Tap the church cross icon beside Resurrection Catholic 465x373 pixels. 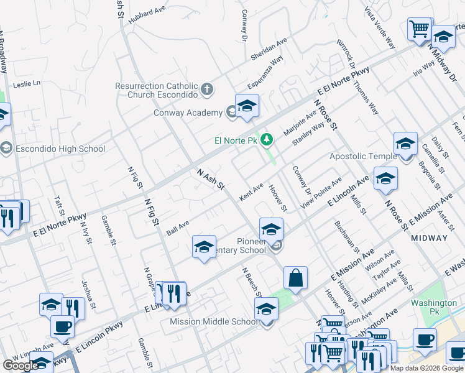pyautogui.click(x=208, y=91)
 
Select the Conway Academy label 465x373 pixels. pyautogui.click(x=188, y=113)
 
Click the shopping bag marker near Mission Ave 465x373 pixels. pyautogui.click(x=297, y=279)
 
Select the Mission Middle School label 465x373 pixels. pyautogui.click(x=214, y=321)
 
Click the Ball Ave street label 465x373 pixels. pyautogui.click(x=178, y=228)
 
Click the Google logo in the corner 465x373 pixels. pyautogui.click(x=21, y=366)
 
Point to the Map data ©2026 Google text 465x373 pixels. pyautogui.click(x=426, y=368)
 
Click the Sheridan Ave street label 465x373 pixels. pyautogui.click(x=269, y=49)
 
